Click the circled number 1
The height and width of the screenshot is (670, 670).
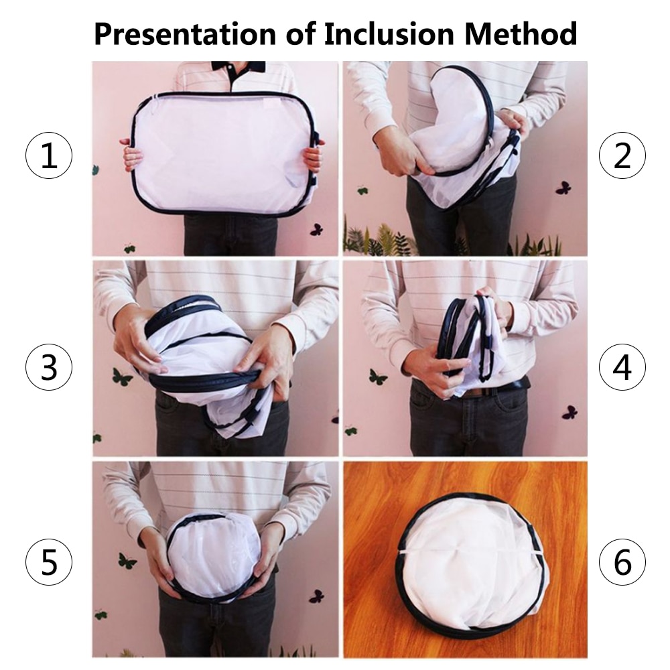[49, 155]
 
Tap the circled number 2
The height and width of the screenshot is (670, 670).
[622, 155]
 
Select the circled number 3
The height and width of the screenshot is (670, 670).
[49, 367]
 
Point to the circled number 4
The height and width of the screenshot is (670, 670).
[622, 367]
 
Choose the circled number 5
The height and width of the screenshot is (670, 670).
[49, 562]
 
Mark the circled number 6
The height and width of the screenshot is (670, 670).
[622, 562]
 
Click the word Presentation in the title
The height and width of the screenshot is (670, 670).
[185, 34]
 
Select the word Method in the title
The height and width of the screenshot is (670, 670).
[521, 33]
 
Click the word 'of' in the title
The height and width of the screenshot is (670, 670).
[300, 33]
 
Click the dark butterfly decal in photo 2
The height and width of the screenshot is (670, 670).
[563, 188]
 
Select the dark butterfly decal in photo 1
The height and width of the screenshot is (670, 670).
[316, 229]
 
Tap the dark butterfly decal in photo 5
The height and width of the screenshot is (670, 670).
[317, 596]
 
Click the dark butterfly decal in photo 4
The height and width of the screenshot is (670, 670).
[570, 412]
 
